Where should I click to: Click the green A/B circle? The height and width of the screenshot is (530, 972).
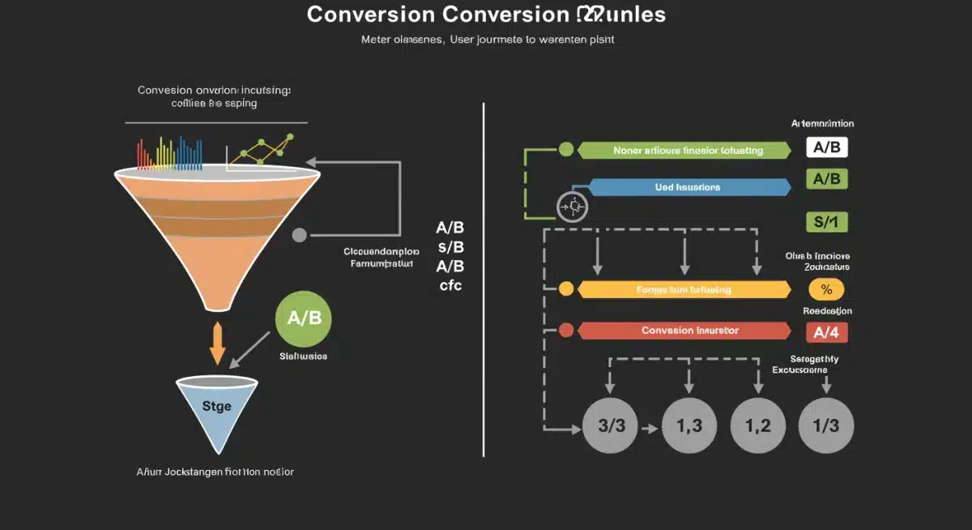click(x=304, y=318)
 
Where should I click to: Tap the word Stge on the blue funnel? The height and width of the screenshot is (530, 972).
click(x=215, y=406)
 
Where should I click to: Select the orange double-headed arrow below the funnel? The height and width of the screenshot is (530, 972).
click(x=217, y=344)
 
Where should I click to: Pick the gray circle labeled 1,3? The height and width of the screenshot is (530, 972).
click(x=688, y=425)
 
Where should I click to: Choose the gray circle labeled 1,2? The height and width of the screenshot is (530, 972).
click(x=758, y=425)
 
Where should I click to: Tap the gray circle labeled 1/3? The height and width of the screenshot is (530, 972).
click(x=826, y=425)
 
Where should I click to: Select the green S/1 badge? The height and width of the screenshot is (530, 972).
click(x=826, y=221)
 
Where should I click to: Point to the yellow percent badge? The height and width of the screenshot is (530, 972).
click(x=826, y=289)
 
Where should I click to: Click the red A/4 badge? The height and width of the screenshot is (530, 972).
click(x=826, y=331)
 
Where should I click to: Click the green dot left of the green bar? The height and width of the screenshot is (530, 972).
click(x=566, y=149)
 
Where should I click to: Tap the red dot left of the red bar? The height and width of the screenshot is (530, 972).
click(x=566, y=331)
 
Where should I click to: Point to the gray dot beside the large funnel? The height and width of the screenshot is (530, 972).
click(x=299, y=236)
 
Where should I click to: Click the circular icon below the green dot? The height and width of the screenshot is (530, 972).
click(x=572, y=206)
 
